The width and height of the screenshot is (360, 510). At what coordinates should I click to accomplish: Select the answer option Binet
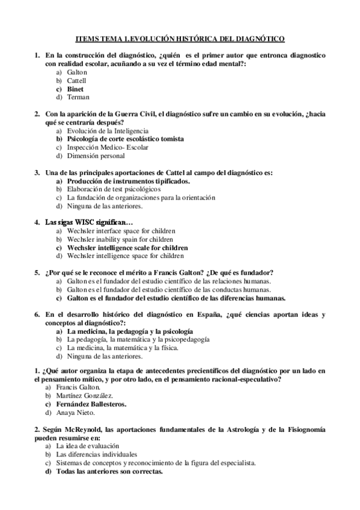point(75,88)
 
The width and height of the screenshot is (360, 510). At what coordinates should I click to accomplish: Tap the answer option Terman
point(78,97)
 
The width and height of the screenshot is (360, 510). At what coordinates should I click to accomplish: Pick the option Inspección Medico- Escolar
point(108,147)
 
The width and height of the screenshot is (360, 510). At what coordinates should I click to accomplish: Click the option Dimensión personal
point(96,156)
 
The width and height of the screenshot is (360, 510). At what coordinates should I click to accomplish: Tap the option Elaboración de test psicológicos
point(114,189)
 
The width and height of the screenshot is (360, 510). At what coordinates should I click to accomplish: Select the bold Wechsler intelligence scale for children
point(128,247)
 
